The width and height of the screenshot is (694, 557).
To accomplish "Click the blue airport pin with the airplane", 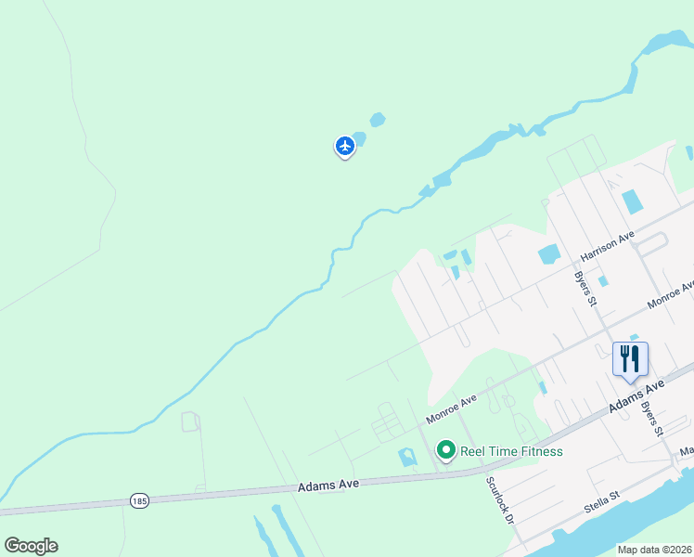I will pyautogui.click(x=345, y=146).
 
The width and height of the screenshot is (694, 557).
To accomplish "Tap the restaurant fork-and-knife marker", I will pyautogui.click(x=630, y=359).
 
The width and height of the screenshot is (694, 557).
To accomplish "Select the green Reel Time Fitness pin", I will pyautogui.click(x=445, y=451).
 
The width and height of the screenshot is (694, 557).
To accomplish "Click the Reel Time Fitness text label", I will pyautogui.click(x=510, y=452).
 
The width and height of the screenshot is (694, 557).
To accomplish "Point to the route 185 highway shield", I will pyautogui.click(x=139, y=500).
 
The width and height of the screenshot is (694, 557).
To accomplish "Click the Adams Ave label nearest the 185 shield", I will pyautogui.click(x=328, y=485).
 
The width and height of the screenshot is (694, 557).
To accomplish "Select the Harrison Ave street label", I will pyautogui.click(x=607, y=245).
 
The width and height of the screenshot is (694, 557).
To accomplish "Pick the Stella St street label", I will pyautogui.click(x=601, y=500).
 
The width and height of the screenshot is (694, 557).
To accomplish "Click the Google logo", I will pyautogui.click(x=31, y=546).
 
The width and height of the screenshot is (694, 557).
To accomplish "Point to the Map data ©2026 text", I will pyautogui.click(x=654, y=550).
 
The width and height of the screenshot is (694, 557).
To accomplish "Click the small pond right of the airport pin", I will pyautogui.click(x=377, y=120).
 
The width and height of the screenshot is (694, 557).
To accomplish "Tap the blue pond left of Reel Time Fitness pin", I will pyautogui.click(x=407, y=457).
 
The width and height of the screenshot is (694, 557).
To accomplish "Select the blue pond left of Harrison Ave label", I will pyautogui.click(x=547, y=253).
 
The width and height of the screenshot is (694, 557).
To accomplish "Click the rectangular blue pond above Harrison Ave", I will pyautogui.click(x=633, y=201).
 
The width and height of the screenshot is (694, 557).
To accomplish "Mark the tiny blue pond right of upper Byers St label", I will pyautogui.click(x=603, y=281).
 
